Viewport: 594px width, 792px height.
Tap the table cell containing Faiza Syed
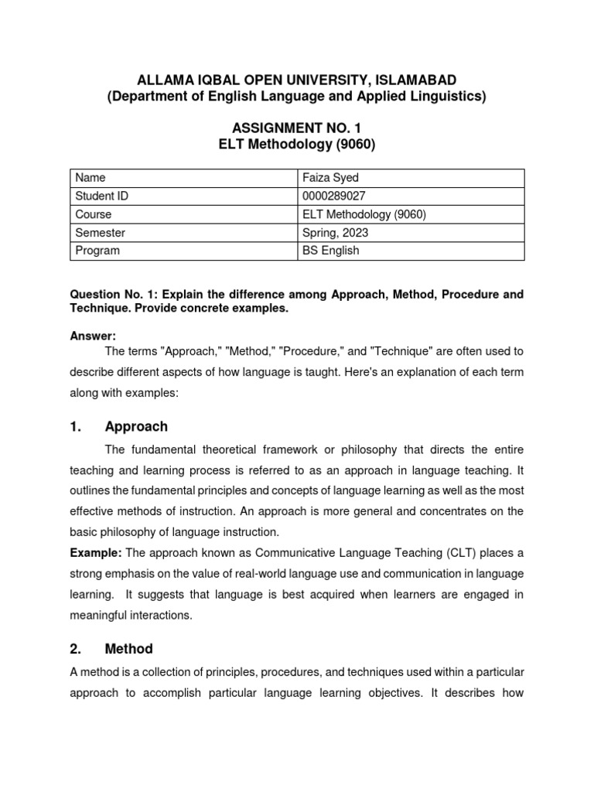(x=330, y=178)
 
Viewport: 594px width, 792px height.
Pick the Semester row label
(x=101, y=233)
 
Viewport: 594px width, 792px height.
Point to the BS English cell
(x=331, y=251)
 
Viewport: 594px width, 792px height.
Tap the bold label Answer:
(x=93, y=336)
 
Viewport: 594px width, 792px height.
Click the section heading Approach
(x=136, y=427)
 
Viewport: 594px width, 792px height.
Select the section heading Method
(x=129, y=649)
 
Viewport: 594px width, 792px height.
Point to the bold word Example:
(x=96, y=552)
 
